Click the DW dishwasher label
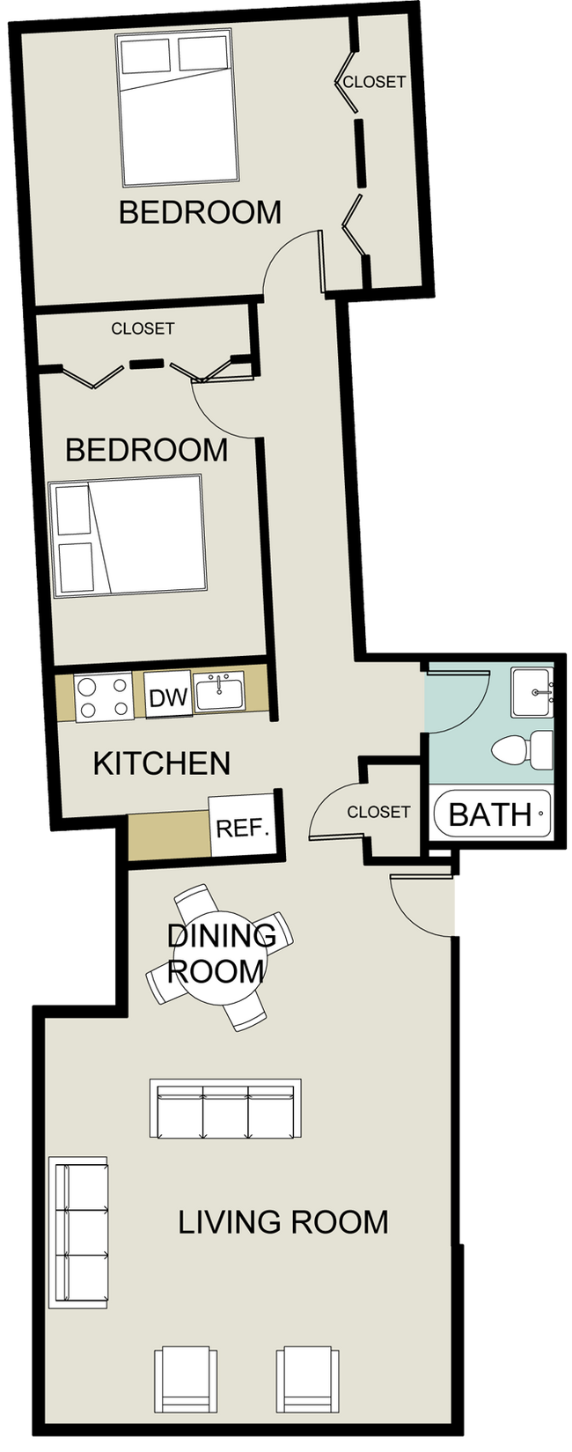point(168,698)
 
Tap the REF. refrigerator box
point(241,829)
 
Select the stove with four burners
point(103,697)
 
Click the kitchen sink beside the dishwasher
point(219,693)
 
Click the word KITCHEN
point(162,763)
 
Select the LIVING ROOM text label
point(283,1222)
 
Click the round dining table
point(216,956)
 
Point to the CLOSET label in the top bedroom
point(374,82)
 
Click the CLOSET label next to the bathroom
point(378,812)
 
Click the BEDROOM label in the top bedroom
point(200,212)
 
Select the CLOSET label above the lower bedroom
point(143,328)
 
